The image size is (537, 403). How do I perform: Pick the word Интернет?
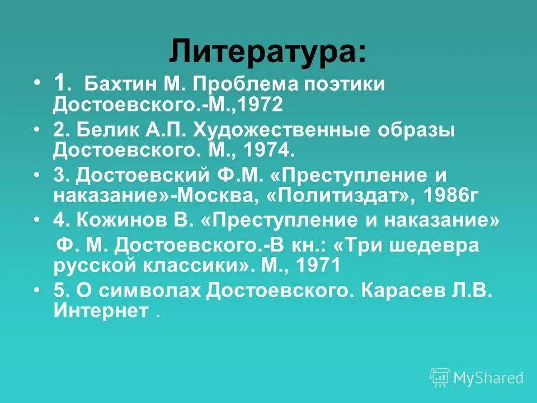[x=101, y=311]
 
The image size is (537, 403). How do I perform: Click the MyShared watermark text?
[x=488, y=378]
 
